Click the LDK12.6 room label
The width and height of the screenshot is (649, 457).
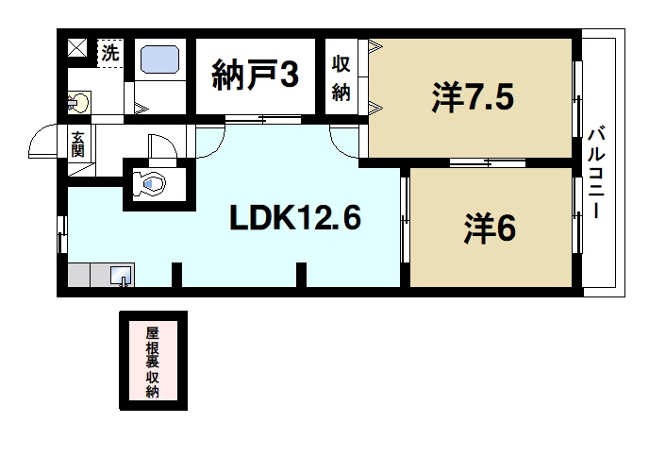tap(295, 219)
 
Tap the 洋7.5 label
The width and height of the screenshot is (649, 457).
tap(473, 96)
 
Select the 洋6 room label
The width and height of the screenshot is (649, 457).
tap(490, 228)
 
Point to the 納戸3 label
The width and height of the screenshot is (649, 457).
tap(257, 76)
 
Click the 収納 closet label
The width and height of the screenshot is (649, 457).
tap(341, 77)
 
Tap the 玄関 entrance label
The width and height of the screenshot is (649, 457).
tap(77, 144)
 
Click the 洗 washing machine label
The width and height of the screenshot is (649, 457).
tap(110, 53)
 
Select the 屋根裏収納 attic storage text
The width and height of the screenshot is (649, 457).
tap(152, 363)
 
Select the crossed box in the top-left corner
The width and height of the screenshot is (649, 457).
tap(77, 46)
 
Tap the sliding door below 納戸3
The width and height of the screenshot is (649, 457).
tap(258, 119)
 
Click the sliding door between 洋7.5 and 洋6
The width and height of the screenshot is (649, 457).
tap(474, 164)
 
